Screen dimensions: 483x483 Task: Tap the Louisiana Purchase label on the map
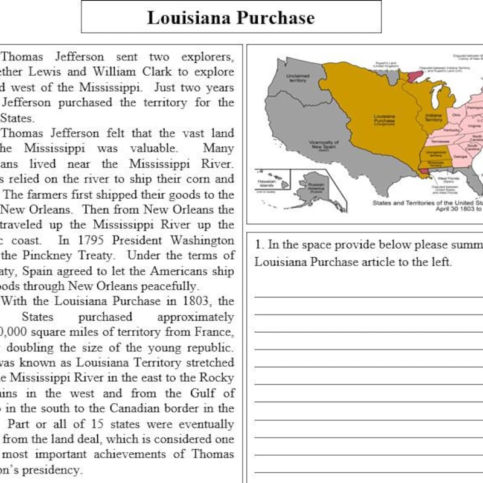click(385, 118)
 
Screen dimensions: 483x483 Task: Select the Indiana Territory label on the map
click(433, 117)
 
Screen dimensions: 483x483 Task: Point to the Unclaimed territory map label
click(297, 78)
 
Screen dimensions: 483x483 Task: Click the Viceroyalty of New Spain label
click(324, 145)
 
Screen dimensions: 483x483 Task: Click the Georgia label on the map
click(459, 156)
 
